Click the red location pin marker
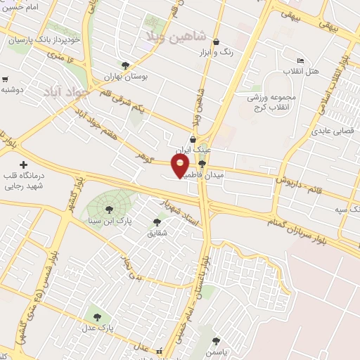tap(181, 167)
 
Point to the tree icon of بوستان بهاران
tap(125, 65)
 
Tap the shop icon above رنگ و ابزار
tap(215, 41)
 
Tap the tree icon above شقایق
tap(157, 221)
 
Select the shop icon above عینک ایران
tap(193, 139)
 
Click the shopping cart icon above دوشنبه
tap(5, 79)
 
